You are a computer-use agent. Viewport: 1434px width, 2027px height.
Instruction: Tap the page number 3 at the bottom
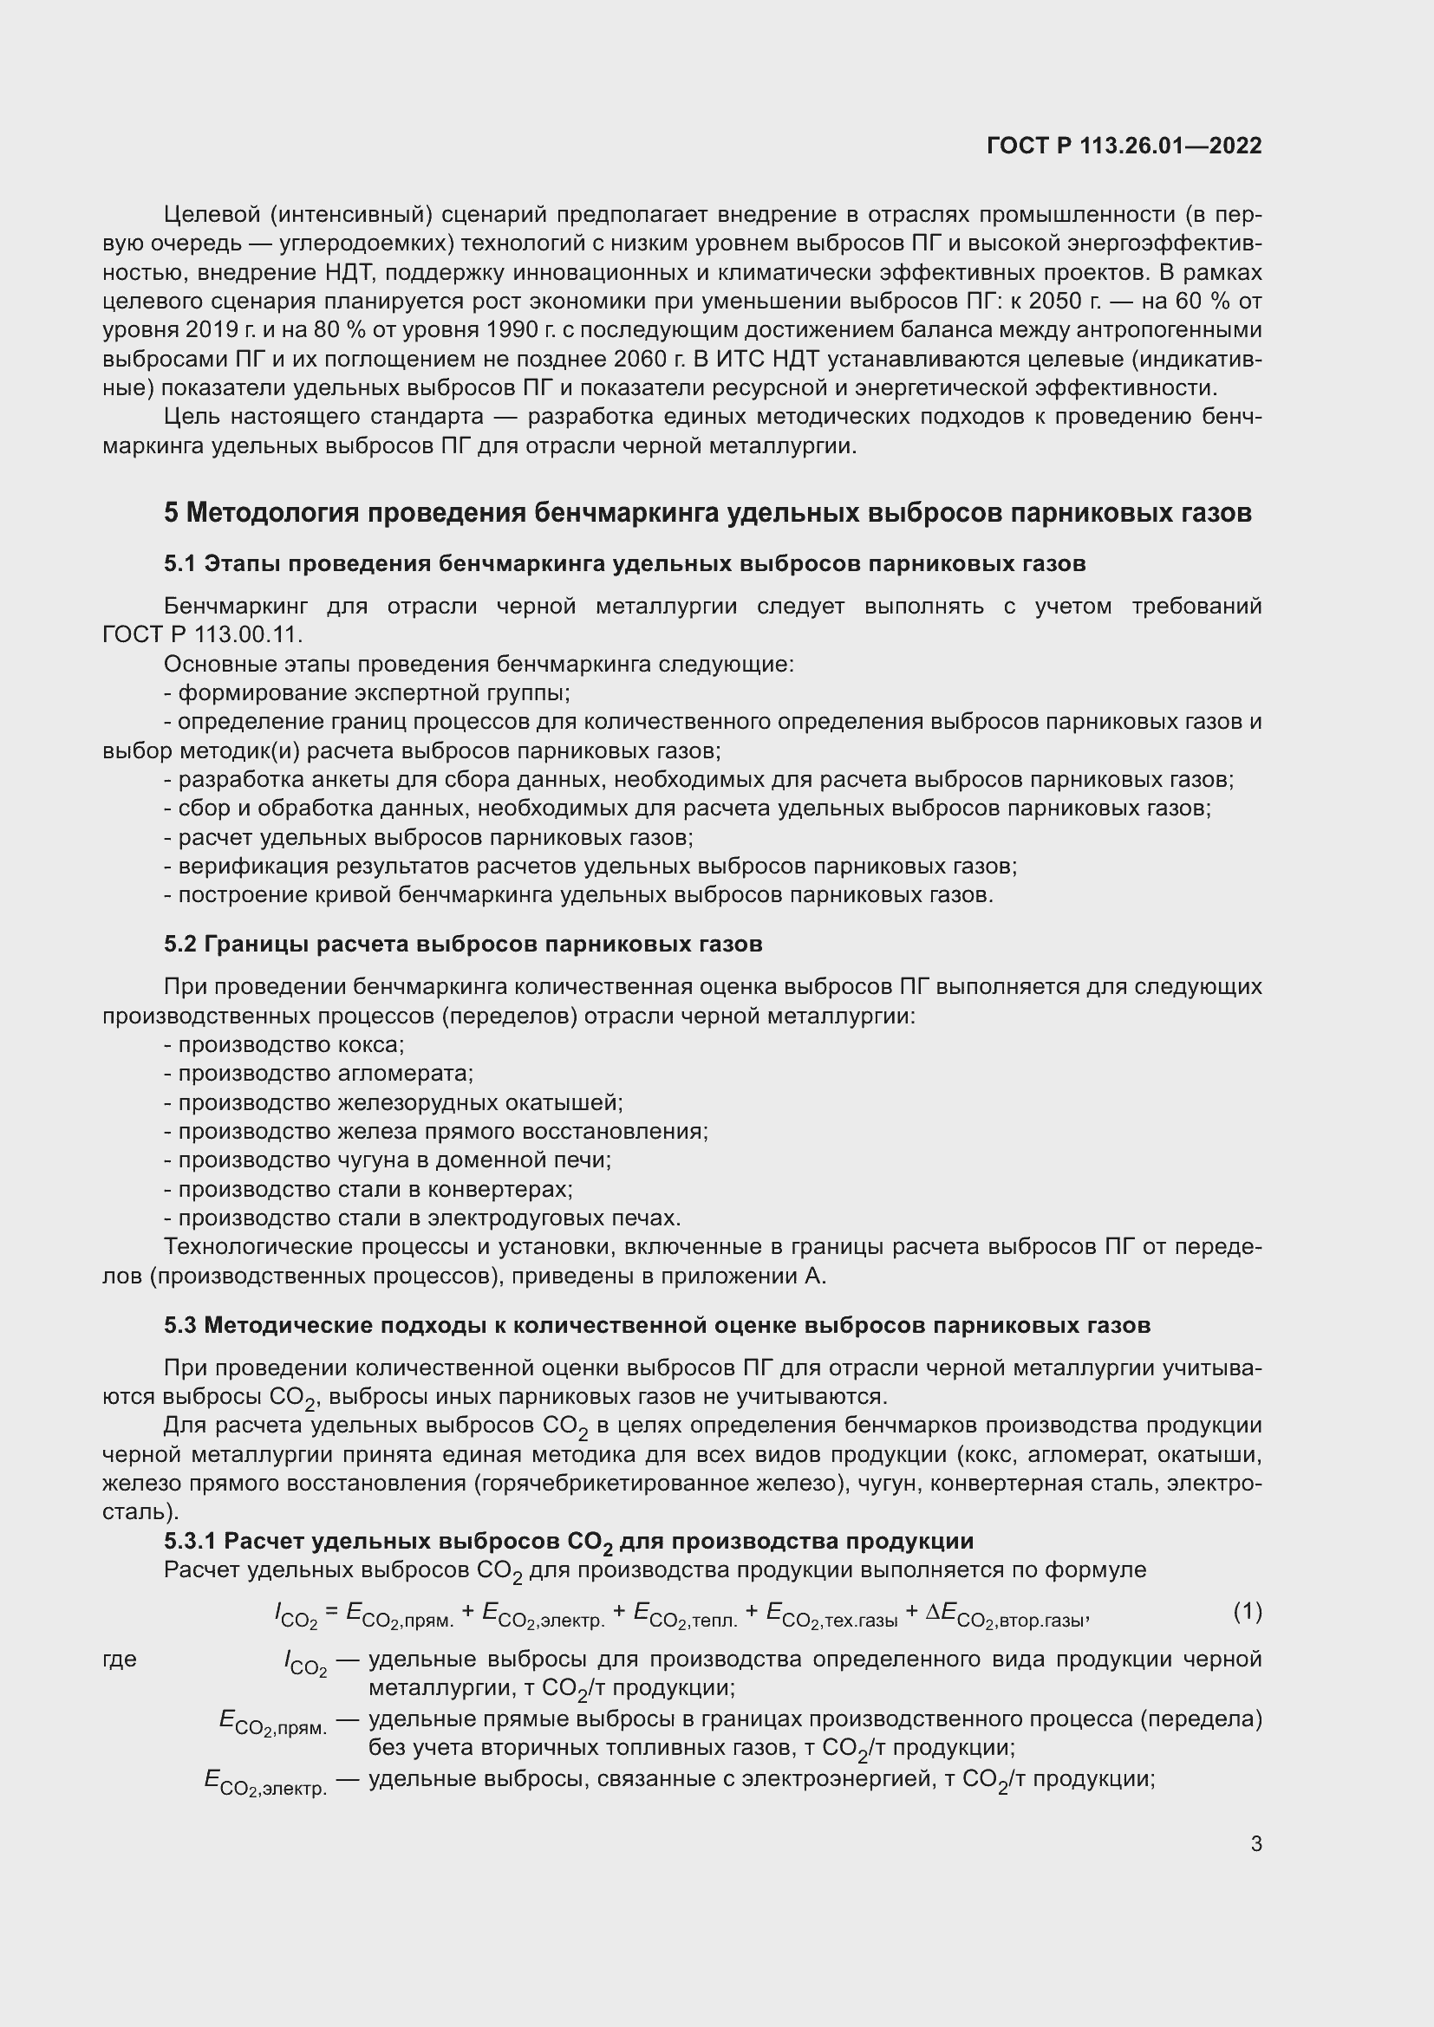coord(1255,1843)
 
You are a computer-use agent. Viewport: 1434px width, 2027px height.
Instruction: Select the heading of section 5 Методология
coord(707,513)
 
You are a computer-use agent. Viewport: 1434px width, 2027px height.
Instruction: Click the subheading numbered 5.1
coord(624,563)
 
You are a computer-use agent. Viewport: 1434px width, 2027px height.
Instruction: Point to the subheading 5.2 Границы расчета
coord(463,945)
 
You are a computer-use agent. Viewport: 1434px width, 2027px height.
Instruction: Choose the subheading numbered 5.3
coord(657,1325)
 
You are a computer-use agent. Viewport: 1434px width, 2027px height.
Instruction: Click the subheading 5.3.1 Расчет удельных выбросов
coord(569,1542)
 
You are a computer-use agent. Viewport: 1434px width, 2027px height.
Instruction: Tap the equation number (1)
coord(1247,1611)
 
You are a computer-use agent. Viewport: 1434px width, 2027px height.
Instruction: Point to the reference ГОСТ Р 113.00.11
coord(202,634)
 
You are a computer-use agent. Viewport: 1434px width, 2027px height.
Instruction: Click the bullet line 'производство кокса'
coord(284,1045)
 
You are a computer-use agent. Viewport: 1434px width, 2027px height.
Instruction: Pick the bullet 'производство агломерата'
coord(319,1074)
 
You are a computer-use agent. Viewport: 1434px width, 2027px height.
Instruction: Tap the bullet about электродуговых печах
coord(422,1218)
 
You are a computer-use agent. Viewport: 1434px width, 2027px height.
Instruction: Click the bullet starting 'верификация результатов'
coord(590,866)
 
